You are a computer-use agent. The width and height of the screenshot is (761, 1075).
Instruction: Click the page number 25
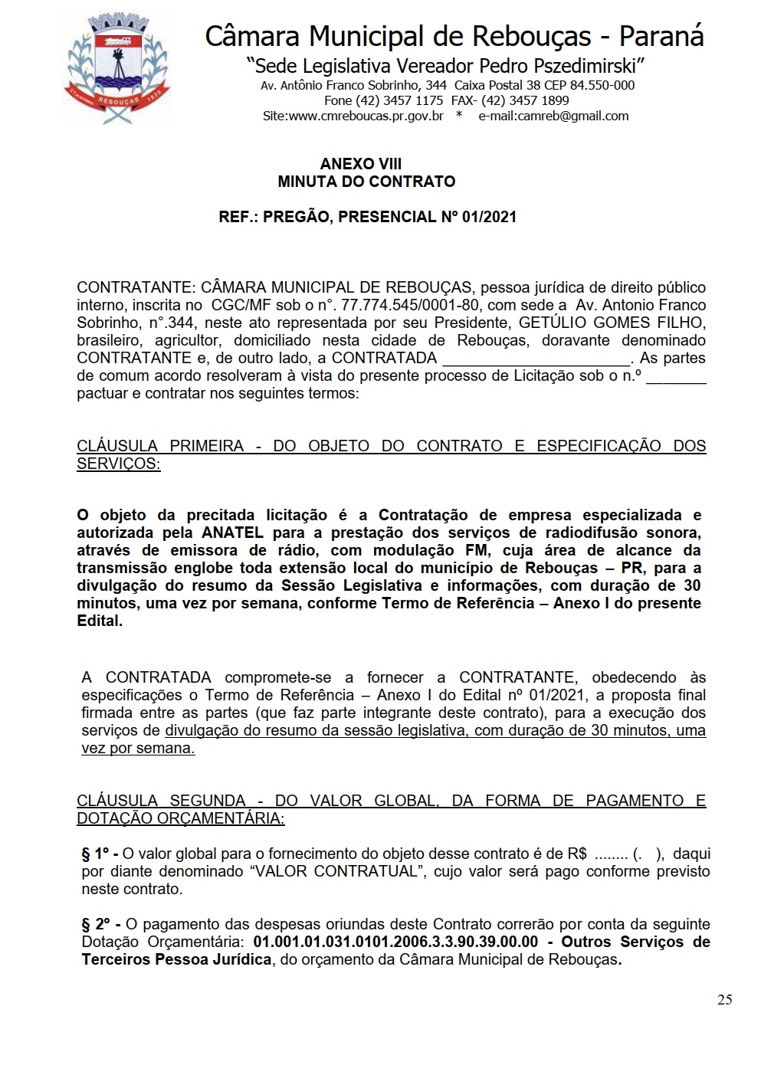click(724, 999)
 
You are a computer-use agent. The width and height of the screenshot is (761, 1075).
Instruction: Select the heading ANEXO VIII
click(360, 164)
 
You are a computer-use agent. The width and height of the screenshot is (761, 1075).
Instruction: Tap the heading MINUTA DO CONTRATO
click(366, 182)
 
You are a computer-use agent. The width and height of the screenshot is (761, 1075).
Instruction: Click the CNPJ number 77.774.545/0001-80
click(399, 305)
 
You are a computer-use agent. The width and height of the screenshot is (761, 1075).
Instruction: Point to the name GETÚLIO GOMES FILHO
click(612, 323)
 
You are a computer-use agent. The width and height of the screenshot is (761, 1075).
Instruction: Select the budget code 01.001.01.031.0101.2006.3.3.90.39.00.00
click(395, 942)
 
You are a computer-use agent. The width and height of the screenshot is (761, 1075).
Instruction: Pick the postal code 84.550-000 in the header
click(602, 85)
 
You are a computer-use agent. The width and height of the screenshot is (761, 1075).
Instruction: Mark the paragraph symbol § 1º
click(96, 854)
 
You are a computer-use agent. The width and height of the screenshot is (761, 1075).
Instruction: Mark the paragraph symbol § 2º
click(96, 924)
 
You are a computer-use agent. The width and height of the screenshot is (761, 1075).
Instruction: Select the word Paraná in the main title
click(661, 36)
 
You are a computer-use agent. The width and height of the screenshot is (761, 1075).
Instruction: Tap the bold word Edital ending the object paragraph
click(99, 621)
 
